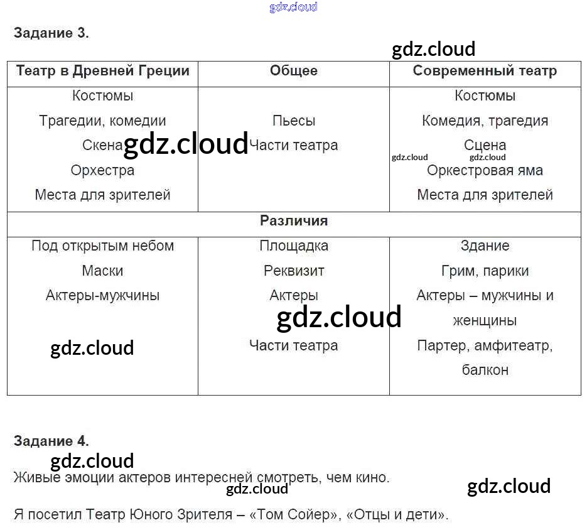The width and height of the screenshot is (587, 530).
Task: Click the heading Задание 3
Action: [x=51, y=33]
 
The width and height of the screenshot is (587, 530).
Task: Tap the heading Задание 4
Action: [x=51, y=441]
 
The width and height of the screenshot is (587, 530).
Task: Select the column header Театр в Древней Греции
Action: [x=102, y=70]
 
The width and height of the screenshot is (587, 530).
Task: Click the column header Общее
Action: [x=293, y=70]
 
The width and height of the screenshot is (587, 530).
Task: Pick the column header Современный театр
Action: [x=485, y=70]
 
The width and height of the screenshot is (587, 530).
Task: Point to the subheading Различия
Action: [x=293, y=221]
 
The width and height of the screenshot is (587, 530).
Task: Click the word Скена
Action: [x=102, y=146]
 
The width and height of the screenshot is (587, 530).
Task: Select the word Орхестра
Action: [x=102, y=170]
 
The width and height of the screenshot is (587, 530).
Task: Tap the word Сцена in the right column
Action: [x=485, y=146]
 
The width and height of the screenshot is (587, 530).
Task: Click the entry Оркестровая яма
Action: [x=485, y=170]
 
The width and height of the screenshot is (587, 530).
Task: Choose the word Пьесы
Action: [x=293, y=121]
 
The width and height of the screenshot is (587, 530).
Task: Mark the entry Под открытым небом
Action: [x=102, y=246]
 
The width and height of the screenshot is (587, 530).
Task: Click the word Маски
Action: [x=102, y=271]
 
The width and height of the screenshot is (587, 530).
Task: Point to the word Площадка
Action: [x=293, y=246]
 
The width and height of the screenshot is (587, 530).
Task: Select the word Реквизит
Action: [x=293, y=271]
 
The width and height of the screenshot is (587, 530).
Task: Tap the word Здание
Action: [x=485, y=246]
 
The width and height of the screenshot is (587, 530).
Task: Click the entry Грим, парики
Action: [x=485, y=271]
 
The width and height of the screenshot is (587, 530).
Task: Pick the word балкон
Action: [x=485, y=370]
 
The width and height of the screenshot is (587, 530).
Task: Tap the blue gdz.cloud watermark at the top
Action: [x=293, y=7]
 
